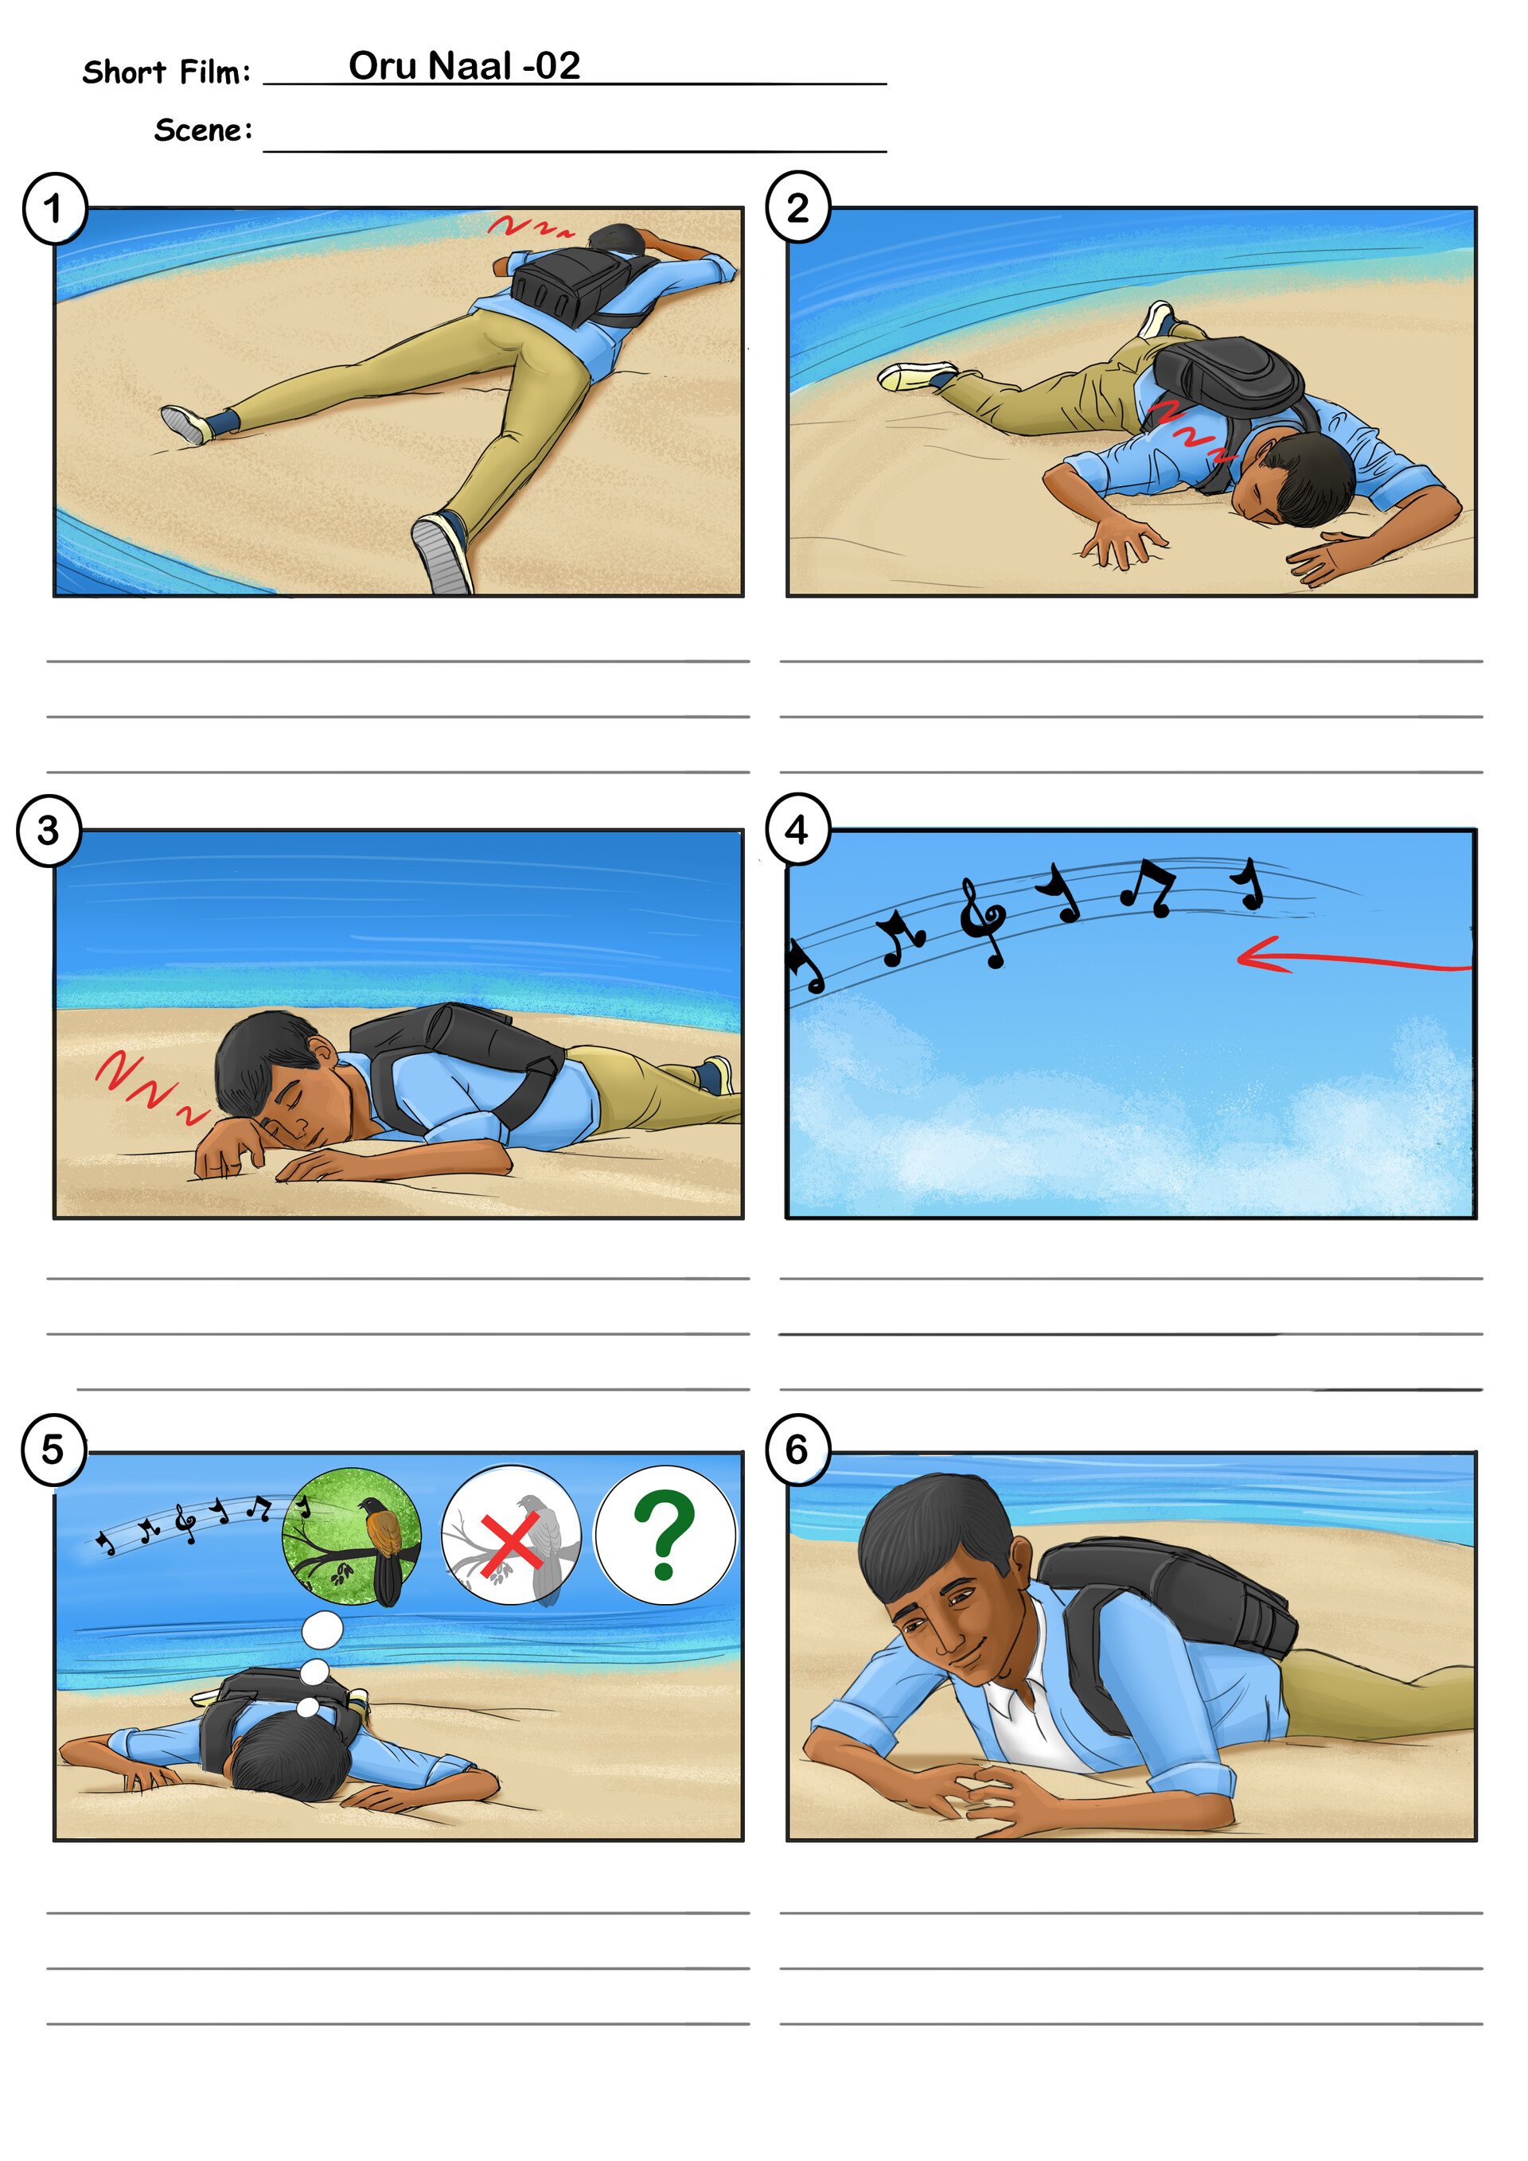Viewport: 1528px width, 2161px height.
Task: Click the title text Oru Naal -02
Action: click(x=464, y=66)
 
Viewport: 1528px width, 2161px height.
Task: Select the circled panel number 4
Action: click(x=798, y=829)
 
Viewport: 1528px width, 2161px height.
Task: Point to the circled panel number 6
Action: click(x=798, y=1450)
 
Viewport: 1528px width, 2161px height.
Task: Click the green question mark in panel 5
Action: click(x=664, y=1535)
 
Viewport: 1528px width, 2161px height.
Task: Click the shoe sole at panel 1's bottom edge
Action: click(x=442, y=555)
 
